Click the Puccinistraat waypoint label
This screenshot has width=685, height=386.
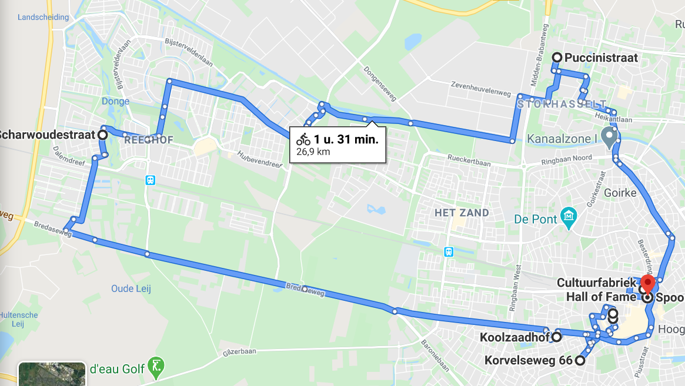601,58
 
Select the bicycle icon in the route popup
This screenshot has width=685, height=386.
303,139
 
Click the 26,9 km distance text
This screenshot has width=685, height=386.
313,152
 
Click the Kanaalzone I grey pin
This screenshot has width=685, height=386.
609,136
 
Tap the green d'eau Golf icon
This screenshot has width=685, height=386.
156,367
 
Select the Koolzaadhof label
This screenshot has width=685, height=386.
513,338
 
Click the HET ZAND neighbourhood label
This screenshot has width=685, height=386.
462,213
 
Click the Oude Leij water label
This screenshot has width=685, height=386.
131,288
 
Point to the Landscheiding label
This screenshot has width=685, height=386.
43,17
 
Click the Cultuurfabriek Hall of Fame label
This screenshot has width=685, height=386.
596,290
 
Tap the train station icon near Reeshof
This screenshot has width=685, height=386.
151,180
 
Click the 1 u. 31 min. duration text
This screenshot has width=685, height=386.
346,139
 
